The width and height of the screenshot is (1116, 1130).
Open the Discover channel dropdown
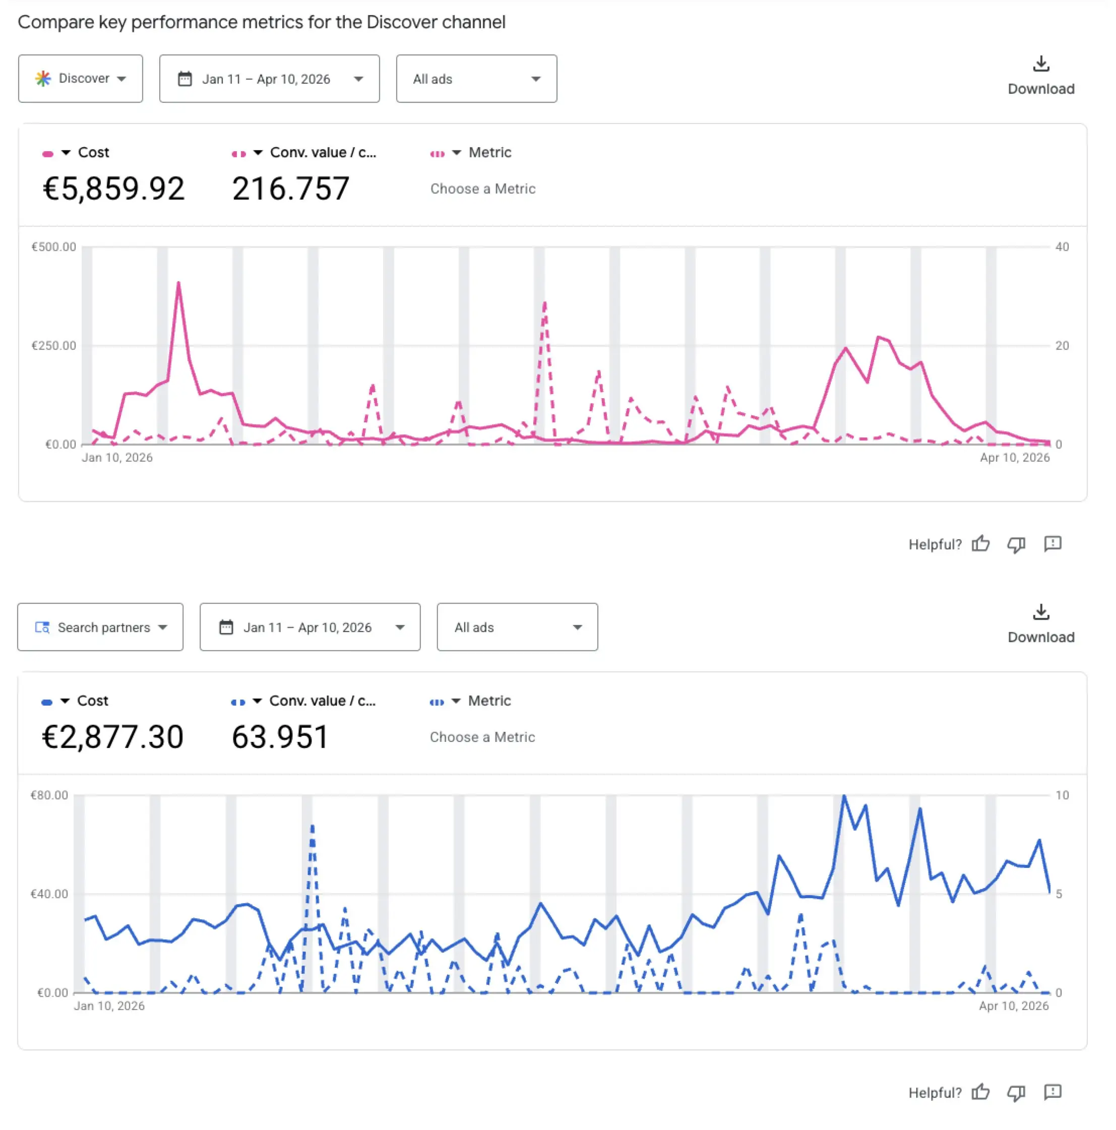pyautogui.click(x=80, y=79)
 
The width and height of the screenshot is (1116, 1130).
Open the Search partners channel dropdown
pyautogui.click(x=100, y=627)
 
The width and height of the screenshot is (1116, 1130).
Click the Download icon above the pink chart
pyautogui.click(x=1040, y=64)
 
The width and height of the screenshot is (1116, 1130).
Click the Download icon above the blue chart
pyautogui.click(x=1040, y=612)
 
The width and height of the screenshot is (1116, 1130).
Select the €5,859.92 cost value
pyautogui.click(x=113, y=189)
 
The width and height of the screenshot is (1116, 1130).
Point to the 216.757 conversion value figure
pyautogui.click(x=290, y=189)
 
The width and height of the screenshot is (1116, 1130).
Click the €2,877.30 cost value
pyautogui.click(x=112, y=737)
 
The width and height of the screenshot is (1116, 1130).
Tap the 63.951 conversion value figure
pyautogui.click(x=280, y=737)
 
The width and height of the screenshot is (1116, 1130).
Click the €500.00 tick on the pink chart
pyautogui.click(x=54, y=247)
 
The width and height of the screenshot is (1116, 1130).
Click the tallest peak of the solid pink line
pyautogui.click(x=178, y=284)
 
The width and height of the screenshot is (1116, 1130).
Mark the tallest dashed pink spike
pyautogui.click(x=544, y=303)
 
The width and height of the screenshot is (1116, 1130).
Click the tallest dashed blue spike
pyautogui.click(x=313, y=826)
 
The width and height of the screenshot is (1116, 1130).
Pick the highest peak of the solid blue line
pyautogui.click(x=843, y=796)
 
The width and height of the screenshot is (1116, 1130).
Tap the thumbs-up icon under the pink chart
pyautogui.click(x=980, y=544)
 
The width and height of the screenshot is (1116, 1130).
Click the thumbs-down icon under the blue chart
pyautogui.click(x=1016, y=1093)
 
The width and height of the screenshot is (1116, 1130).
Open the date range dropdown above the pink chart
pyautogui.click(x=269, y=79)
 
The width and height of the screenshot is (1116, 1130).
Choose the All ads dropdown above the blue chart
pyautogui.click(x=517, y=627)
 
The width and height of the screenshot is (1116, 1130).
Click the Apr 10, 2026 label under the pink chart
pyautogui.click(x=1014, y=457)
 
